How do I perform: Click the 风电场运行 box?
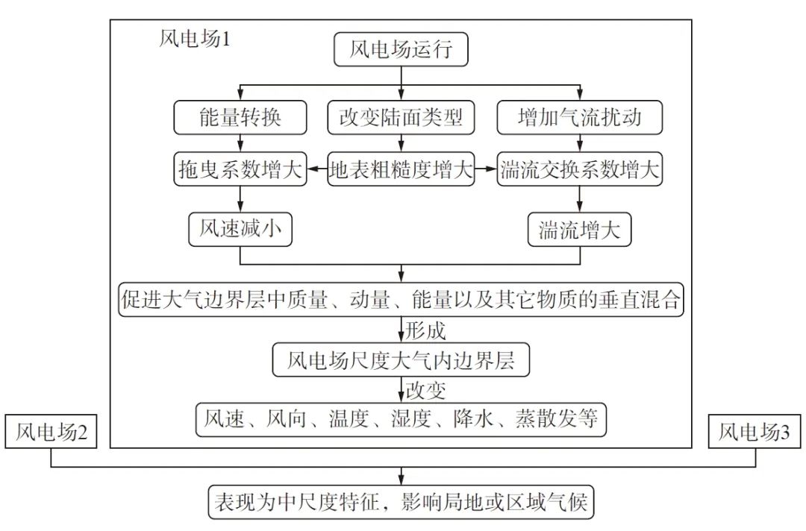pos(402,51)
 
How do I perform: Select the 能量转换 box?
pos(240,118)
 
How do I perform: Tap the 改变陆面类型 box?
pos(402,118)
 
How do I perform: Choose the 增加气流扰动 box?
pos(580,118)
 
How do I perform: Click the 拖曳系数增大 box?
pos(240,170)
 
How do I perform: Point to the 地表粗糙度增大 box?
pos(402,170)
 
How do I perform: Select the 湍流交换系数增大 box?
pos(580,170)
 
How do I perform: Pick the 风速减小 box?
pos(240,230)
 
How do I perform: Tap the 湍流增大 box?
pos(580,230)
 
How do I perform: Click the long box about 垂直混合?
pos(402,300)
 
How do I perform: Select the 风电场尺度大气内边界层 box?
pos(402,361)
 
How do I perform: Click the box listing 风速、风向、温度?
pos(402,419)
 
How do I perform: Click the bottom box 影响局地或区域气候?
pos(402,502)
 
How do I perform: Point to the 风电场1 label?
pos(195,39)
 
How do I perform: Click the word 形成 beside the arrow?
pos(426,329)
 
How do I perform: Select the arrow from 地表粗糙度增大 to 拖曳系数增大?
pos(316,170)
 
